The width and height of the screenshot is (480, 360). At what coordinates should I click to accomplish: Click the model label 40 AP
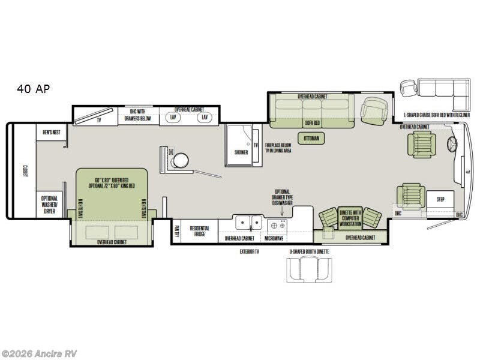[34, 89]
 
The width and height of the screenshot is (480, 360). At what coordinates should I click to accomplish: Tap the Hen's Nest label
[52, 132]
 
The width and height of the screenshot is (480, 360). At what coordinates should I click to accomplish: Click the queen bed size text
[112, 183]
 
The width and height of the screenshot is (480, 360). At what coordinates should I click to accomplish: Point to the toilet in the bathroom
[181, 160]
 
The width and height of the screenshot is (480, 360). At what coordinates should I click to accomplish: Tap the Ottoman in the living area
[311, 139]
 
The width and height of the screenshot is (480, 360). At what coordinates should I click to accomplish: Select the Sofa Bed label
[313, 122]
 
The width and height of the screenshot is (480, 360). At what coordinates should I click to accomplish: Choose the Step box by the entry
[440, 199]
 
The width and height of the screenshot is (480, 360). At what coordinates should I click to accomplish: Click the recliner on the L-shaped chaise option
[409, 88]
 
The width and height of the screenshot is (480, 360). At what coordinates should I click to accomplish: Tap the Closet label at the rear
[26, 173]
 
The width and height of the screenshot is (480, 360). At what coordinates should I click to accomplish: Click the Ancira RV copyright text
[40, 353]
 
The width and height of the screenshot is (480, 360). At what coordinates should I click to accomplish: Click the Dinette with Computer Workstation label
[350, 218]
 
